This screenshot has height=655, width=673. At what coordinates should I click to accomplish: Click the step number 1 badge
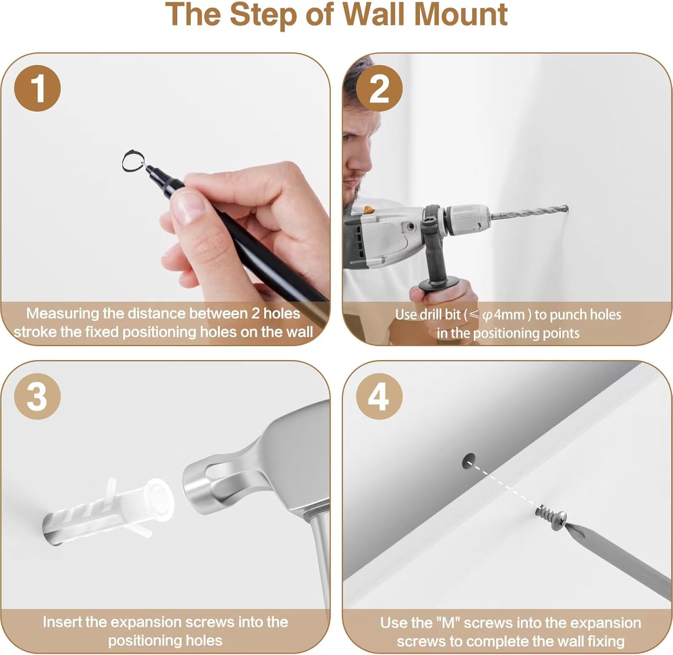tap(38, 88)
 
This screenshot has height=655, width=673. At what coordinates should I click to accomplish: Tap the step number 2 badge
tap(380, 88)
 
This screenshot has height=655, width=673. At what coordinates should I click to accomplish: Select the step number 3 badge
tap(38, 397)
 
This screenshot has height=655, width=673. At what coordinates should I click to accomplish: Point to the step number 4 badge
tap(380, 397)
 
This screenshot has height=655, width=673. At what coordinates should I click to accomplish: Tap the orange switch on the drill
tap(368, 209)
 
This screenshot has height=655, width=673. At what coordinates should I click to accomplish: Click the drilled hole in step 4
tap(469, 461)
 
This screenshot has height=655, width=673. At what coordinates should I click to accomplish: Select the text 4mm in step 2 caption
tap(509, 315)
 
